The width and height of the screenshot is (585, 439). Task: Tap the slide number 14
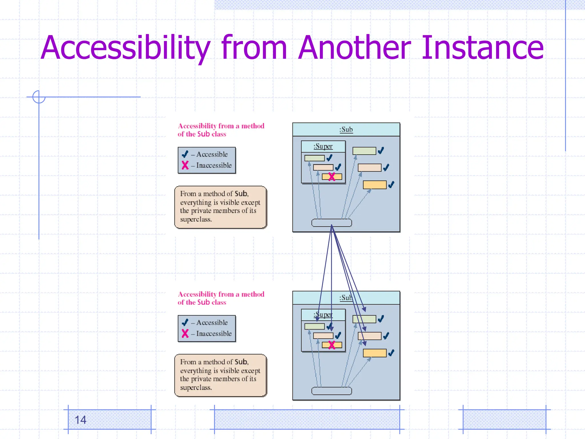click(80, 420)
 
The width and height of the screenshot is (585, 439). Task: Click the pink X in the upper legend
click(185, 165)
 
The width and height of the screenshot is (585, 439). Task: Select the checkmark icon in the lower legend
click(185, 322)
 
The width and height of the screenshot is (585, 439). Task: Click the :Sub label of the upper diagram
click(346, 129)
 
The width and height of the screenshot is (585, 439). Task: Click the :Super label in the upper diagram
click(323, 146)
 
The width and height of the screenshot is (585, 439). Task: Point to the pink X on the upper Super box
click(332, 177)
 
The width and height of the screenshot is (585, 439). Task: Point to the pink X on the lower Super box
click(332, 345)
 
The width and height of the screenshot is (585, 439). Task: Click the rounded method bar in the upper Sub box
click(331, 223)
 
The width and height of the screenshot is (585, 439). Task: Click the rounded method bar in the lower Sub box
click(331, 391)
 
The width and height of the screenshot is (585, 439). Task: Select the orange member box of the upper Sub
click(374, 185)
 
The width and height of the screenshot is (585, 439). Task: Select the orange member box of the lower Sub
click(374, 353)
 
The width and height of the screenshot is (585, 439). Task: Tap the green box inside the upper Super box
click(314, 158)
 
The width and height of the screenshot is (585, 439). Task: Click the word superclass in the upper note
click(196, 219)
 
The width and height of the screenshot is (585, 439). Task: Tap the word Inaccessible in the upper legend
click(214, 165)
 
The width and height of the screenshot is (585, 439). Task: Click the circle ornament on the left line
click(39, 97)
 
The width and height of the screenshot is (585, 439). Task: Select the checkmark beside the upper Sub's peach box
click(386, 167)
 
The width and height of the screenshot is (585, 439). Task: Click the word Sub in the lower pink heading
click(203, 302)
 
